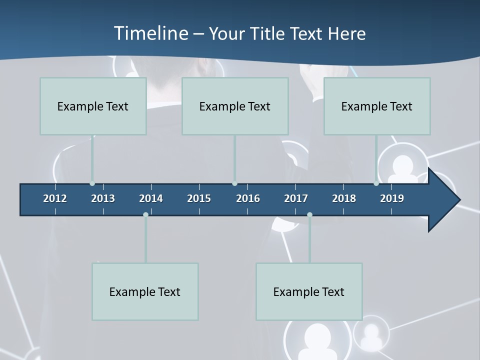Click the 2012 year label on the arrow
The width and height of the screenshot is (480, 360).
pyautogui.click(x=55, y=198)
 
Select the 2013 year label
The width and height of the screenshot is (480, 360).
pyautogui.click(x=103, y=198)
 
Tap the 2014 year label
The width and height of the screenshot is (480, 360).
pyautogui.click(x=151, y=198)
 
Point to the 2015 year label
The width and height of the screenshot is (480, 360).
pyautogui.click(x=199, y=198)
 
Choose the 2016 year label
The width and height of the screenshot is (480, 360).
pyautogui.click(x=248, y=198)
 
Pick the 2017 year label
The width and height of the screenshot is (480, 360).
pyautogui.click(x=296, y=198)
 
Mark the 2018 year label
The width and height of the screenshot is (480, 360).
pyautogui.click(x=344, y=198)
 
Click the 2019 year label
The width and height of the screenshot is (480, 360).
pyautogui.click(x=392, y=198)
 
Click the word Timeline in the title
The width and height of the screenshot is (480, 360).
pyautogui.click(x=151, y=33)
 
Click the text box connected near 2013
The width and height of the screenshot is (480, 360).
pyautogui.click(x=93, y=106)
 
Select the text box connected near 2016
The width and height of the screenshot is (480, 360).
pyautogui.click(x=235, y=106)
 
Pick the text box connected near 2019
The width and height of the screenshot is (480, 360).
pyautogui.click(x=377, y=106)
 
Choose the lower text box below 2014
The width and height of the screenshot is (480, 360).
pyautogui.click(x=145, y=291)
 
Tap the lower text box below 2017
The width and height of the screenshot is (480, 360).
pyautogui.click(x=309, y=291)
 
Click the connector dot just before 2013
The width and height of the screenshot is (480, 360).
pyautogui.click(x=92, y=183)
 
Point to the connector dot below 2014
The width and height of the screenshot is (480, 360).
pyautogui.click(x=145, y=214)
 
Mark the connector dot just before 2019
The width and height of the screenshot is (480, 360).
pyautogui.click(x=376, y=183)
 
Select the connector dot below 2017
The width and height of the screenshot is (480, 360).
pyautogui.click(x=309, y=214)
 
